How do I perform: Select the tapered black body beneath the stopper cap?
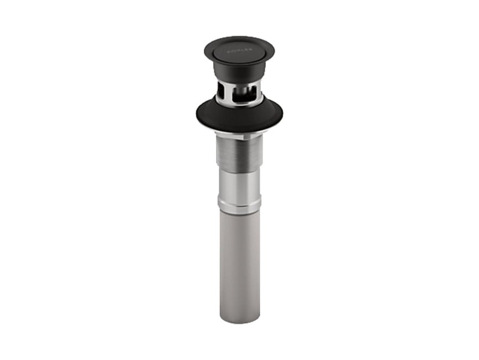(239, 72)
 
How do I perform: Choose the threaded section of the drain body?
(239, 152)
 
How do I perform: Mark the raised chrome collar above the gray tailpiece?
(239, 206)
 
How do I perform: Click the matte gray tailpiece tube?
(239, 260)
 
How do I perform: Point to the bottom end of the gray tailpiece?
(239, 320)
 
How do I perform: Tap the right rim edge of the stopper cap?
(273, 52)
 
